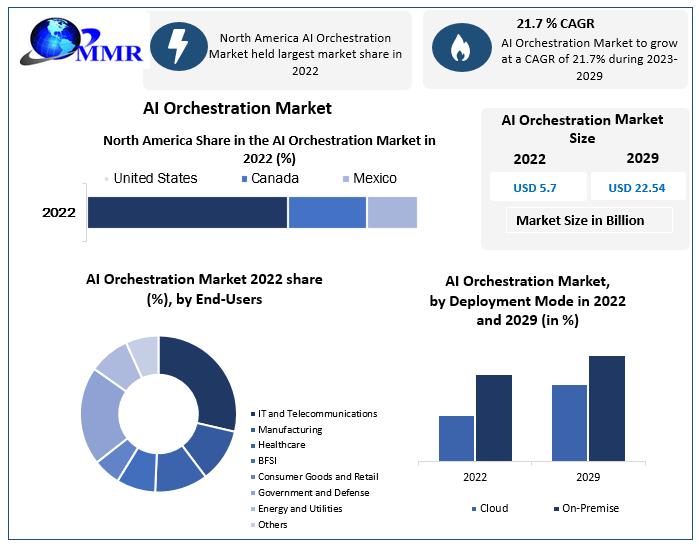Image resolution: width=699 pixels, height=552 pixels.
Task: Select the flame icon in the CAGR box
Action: [x=460, y=47]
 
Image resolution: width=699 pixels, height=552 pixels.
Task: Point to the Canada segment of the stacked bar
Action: [x=327, y=213]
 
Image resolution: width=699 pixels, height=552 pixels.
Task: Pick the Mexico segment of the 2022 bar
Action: [x=392, y=213]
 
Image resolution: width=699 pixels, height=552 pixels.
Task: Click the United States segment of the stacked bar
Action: [x=187, y=213]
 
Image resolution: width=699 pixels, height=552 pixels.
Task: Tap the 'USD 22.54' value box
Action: [x=636, y=187]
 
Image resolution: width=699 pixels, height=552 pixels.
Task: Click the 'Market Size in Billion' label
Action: [x=580, y=220]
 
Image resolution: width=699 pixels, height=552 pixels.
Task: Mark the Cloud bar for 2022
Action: [x=456, y=438]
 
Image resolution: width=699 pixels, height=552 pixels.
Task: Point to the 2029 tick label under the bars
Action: [x=587, y=477]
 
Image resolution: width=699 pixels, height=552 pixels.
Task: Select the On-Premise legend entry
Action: [x=586, y=508]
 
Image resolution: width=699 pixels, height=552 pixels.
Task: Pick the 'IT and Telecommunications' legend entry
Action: [x=316, y=413]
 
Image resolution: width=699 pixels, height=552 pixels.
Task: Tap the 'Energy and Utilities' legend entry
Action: [x=299, y=508]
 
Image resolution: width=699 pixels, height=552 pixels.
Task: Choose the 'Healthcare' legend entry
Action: [x=281, y=445]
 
